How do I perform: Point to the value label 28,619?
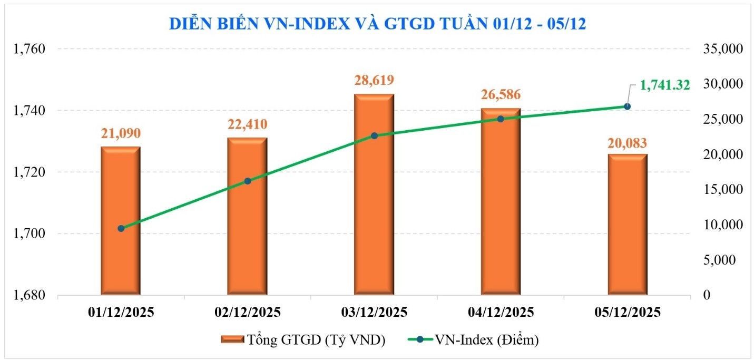(374, 81)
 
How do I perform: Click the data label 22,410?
(247, 124)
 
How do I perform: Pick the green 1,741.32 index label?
(664, 85)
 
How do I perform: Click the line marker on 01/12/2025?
(121, 228)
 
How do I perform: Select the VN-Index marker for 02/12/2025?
(248, 181)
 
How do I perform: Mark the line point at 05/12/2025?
(627, 106)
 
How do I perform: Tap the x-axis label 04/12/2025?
(501, 312)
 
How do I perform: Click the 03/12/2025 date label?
(374, 312)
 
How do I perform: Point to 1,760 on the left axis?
(31, 49)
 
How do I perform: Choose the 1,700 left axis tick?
(31, 233)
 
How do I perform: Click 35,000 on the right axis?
(723, 49)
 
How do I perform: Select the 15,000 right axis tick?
(723, 190)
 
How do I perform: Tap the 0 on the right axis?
(707, 295)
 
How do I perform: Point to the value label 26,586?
(501, 95)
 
